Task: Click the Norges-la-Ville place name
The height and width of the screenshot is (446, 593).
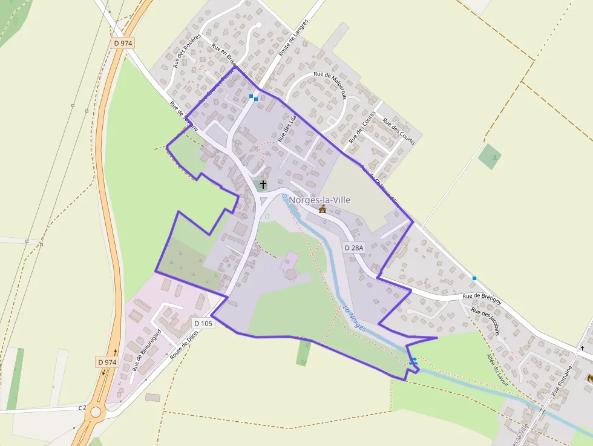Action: point(319,200)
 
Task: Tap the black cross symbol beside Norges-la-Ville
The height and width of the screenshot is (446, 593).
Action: point(263,183)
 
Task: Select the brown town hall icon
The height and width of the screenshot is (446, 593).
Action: point(323,209)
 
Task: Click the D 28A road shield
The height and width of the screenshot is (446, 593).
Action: point(355,248)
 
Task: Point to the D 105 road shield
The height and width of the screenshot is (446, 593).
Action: point(203,323)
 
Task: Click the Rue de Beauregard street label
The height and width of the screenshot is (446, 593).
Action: point(146,350)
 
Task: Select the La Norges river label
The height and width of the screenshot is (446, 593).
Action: point(355,318)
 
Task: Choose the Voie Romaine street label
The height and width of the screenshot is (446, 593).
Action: point(562,376)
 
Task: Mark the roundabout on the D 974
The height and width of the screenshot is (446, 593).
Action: point(96,412)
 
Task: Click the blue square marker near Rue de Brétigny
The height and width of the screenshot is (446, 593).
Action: point(474,278)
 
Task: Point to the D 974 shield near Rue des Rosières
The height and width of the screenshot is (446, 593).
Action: point(123,43)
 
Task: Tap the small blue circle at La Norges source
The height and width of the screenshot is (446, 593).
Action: point(284,197)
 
